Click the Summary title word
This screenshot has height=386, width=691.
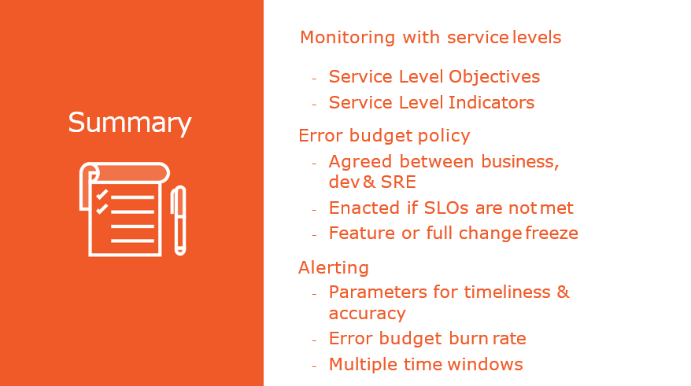click(130, 123)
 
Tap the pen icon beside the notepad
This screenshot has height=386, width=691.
click(179, 220)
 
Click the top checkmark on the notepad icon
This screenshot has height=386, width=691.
click(102, 193)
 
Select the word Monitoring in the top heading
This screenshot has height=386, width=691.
click(347, 38)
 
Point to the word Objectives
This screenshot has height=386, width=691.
click(494, 77)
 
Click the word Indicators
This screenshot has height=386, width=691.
click(491, 102)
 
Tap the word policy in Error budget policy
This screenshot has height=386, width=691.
click(444, 136)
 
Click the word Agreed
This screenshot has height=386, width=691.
click(360, 162)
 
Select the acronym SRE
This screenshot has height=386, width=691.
click(398, 182)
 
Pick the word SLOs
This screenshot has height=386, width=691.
click(446, 208)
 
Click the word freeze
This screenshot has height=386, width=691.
click(551, 233)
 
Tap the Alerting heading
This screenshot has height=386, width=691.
click(334, 268)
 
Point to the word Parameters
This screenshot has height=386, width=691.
click(378, 292)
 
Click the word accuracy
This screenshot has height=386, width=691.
click(367, 314)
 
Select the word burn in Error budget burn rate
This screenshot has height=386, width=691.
click(468, 339)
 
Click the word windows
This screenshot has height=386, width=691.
click(486, 365)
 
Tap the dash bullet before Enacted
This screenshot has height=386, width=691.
click(314, 209)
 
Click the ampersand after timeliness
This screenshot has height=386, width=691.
click(563, 292)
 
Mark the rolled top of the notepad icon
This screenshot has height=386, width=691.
click(131, 172)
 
